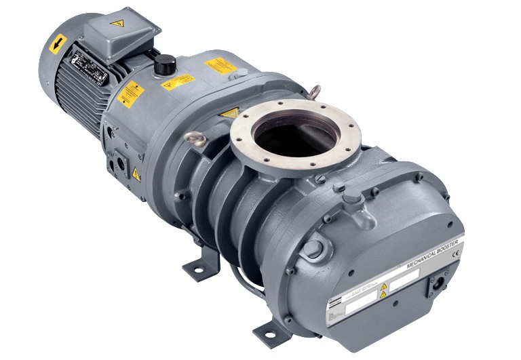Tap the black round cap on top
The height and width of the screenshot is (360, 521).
click(x=165, y=64)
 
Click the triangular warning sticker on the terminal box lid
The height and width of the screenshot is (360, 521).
click(x=117, y=23)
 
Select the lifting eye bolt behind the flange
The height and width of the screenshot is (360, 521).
click(x=313, y=92)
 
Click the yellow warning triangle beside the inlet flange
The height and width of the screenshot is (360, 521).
click(x=230, y=113)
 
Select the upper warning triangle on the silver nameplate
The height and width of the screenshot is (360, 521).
click(x=384, y=286)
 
